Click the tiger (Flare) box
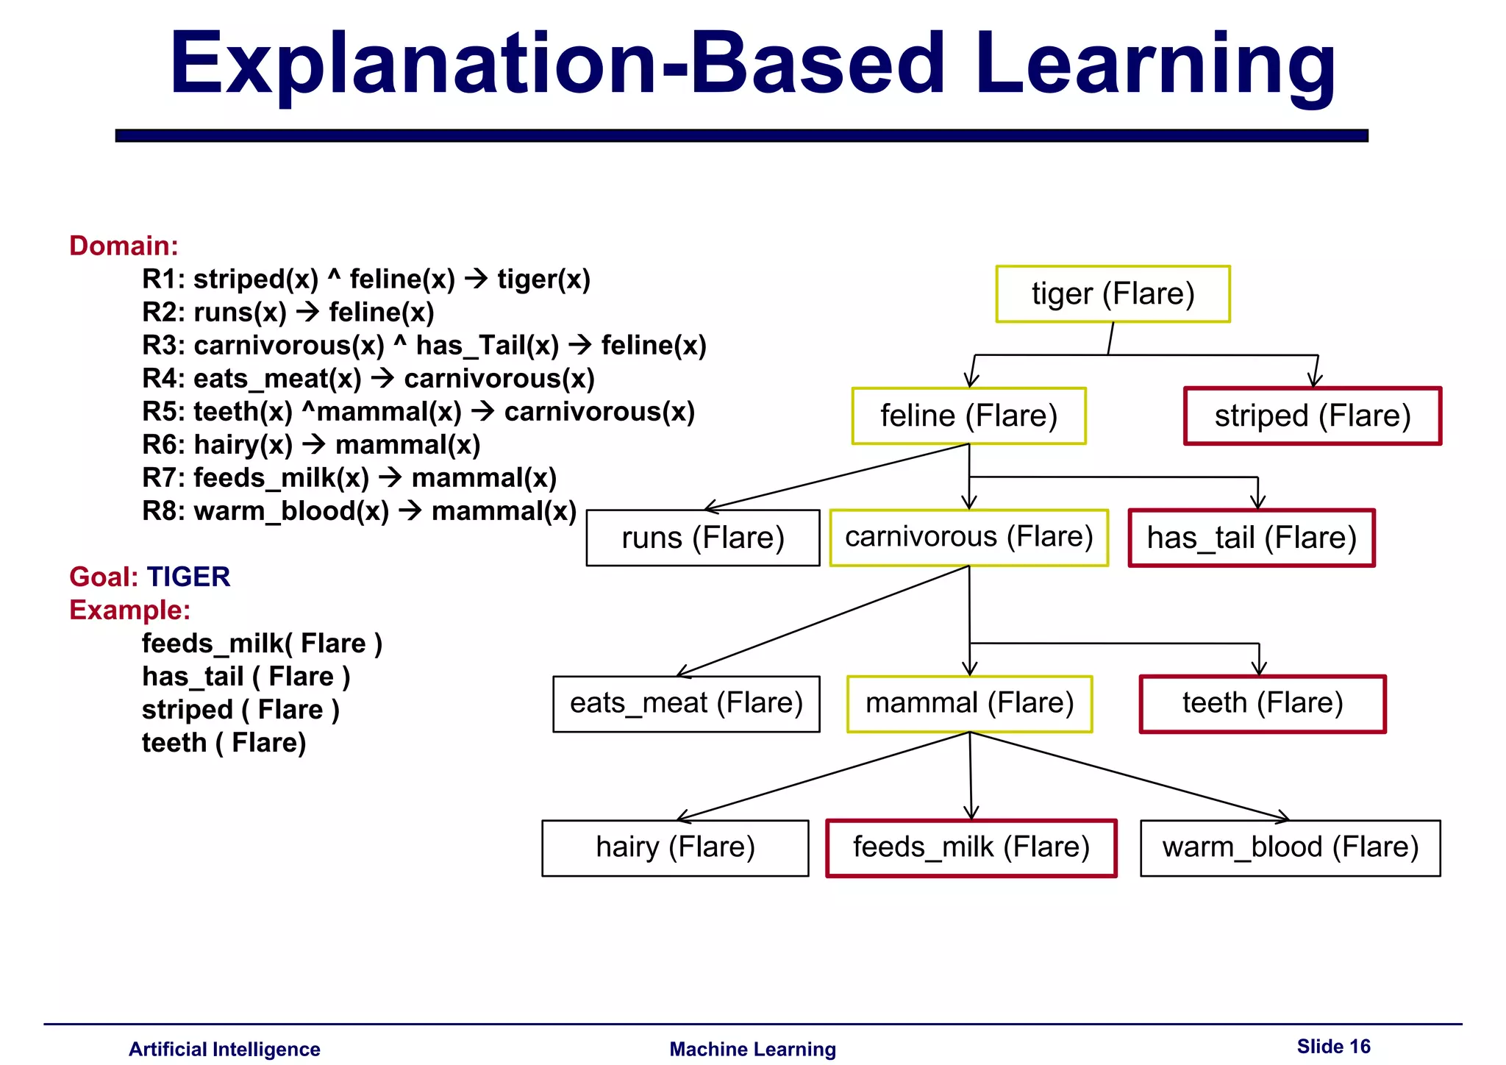[x=1113, y=294]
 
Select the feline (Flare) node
[x=968, y=416]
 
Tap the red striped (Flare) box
[x=1313, y=416]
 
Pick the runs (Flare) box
[x=702, y=538]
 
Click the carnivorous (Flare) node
[x=968, y=538]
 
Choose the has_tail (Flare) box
[x=1252, y=538]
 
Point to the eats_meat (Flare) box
[x=686, y=704]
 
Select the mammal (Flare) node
[x=969, y=704]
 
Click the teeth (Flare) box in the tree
[x=1263, y=704]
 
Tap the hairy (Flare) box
[x=675, y=848]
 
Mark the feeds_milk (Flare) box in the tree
[x=971, y=848]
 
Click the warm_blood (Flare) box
[x=1290, y=848]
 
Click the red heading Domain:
[x=124, y=246]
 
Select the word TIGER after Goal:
[x=188, y=577]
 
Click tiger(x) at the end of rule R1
[x=543, y=279]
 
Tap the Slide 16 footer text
[x=1333, y=1047]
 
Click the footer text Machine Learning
[x=752, y=1050]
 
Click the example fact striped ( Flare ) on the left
[x=240, y=710]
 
